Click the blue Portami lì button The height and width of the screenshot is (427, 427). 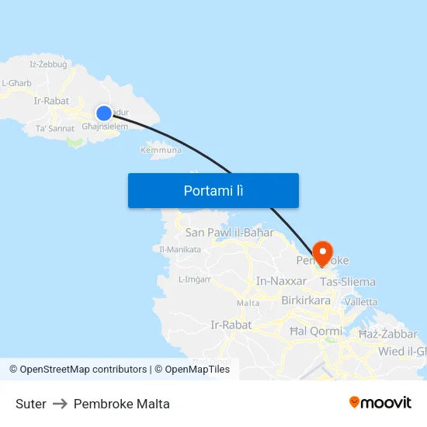(x=213, y=190)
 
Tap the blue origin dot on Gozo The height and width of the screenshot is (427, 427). (x=103, y=113)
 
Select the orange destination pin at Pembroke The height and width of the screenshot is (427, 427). (x=322, y=252)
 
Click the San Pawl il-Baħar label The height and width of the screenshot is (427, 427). (x=229, y=232)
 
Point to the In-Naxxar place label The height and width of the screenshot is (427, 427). (x=281, y=282)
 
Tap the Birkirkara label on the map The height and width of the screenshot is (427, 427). (x=306, y=300)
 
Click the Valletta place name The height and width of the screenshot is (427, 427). (x=361, y=301)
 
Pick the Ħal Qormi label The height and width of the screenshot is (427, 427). (x=315, y=332)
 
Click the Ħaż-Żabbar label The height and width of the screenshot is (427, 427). (x=387, y=334)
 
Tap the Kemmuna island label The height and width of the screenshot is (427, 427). (x=161, y=150)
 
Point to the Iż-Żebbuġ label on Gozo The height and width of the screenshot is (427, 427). (x=48, y=64)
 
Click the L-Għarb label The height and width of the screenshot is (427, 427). (x=16, y=83)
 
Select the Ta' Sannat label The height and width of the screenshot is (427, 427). (x=55, y=128)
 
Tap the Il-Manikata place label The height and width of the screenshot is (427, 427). (x=180, y=249)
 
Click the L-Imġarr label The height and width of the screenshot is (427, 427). (x=194, y=279)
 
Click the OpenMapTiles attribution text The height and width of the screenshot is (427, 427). (x=197, y=370)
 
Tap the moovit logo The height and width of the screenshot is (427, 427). (x=380, y=402)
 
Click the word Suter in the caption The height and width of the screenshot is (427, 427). (x=31, y=404)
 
